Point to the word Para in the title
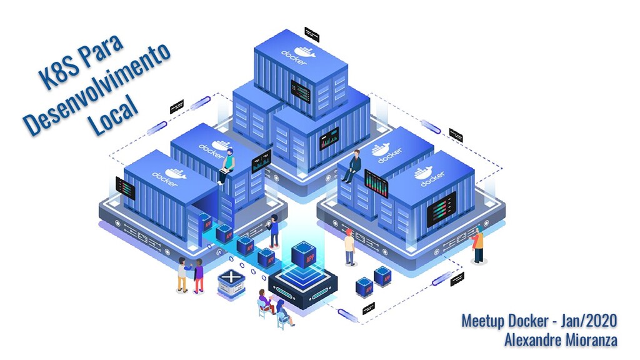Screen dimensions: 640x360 [101, 51]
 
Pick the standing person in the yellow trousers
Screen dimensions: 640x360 [182, 275]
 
